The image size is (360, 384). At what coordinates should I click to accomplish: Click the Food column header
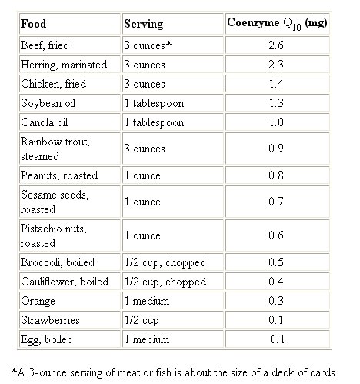coord(34,24)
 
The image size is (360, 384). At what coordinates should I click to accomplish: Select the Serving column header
coord(144,24)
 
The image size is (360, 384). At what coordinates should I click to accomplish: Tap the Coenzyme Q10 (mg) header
coord(277,24)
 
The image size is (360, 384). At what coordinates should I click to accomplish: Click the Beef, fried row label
coord(45,45)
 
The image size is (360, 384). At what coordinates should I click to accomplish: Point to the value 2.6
coord(276,45)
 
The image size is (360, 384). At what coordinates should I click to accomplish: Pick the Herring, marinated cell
coord(64,65)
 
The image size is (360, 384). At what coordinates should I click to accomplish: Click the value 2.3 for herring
coord(276,65)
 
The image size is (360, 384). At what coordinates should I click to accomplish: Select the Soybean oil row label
coord(48,103)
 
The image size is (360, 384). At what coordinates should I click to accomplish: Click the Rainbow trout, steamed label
coord(55,149)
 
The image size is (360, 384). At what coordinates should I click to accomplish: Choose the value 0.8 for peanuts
coord(276,175)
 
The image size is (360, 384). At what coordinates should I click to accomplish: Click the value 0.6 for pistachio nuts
coord(276,235)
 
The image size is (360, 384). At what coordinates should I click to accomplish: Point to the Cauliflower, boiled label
coord(65,282)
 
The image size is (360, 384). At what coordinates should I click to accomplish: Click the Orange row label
coord(38,301)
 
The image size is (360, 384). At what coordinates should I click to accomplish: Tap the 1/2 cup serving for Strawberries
coord(142,320)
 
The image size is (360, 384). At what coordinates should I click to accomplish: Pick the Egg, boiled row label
coord(47,339)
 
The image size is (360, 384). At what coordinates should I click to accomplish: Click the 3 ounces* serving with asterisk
coord(148,45)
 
